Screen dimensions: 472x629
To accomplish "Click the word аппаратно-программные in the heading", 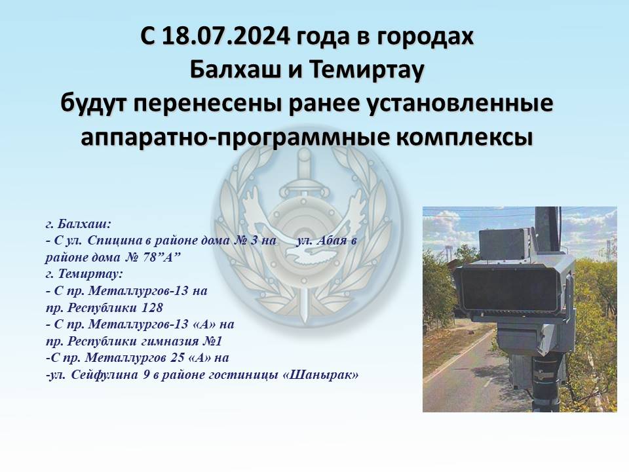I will click(x=233, y=138).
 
